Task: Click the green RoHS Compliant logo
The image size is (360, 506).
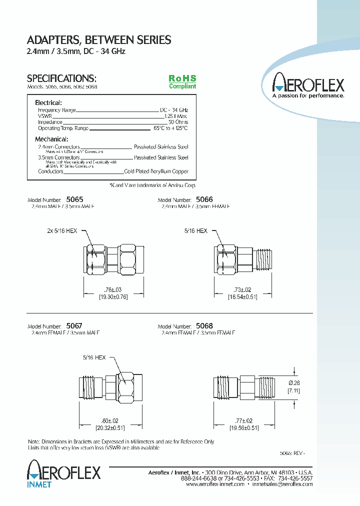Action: point(182,82)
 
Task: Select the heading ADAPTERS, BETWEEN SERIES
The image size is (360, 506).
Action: point(98,40)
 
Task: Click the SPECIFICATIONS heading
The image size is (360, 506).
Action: point(61,78)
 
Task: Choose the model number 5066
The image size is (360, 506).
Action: point(204,198)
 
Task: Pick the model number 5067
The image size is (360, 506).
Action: point(74,325)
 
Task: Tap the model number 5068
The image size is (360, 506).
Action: point(204,325)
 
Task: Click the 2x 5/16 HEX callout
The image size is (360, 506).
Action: point(62,231)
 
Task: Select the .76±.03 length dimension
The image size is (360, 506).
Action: point(112,289)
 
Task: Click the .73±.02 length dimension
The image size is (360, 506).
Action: point(242,289)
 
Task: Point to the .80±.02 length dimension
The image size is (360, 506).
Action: point(110,421)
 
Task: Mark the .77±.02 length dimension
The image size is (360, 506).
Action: point(242,421)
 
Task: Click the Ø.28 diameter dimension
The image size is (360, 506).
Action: point(294,382)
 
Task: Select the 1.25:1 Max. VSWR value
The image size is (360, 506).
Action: point(176,116)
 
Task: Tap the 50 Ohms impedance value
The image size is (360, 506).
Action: point(178,122)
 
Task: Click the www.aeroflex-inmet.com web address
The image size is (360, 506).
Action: point(215,484)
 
